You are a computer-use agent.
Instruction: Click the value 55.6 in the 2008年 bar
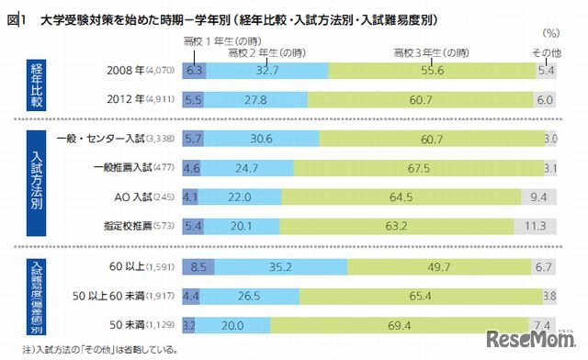click(430, 70)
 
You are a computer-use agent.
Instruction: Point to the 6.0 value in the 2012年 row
click(545, 99)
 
